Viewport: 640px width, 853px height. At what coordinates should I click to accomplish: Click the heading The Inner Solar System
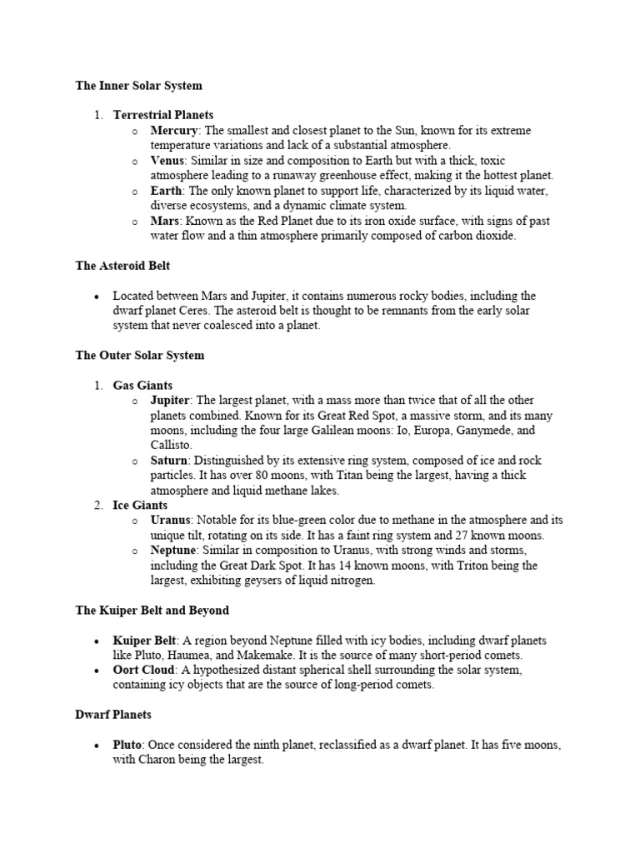pyautogui.click(x=138, y=86)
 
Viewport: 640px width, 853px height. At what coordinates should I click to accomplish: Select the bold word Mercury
pyautogui.click(x=173, y=131)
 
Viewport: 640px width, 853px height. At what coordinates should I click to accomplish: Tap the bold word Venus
pyautogui.click(x=167, y=161)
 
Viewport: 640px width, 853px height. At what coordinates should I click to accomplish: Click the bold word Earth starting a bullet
pyautogui.click(x=167, y=191)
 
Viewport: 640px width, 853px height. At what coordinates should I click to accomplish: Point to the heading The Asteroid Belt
pyautogui.click(x=124, y=266)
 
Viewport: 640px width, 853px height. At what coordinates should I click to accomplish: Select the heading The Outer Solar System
pyautogui.click(x=139, y=356)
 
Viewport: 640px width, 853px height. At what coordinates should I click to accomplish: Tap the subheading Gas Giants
pyautogui.click(x=142, y=386)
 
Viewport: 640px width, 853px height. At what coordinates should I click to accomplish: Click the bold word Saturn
pyautogui.click(x=169, y=461)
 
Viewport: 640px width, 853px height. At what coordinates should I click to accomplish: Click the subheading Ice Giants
pyautogui.click(x=140, y=506)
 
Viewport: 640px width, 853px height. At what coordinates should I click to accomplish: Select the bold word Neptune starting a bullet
pyautogui.click(x=173, y=551)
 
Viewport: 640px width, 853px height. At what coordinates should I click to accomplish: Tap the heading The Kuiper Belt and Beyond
pyautogui.click(x=152, y=611)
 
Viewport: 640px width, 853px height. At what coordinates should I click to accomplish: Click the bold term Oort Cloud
pyautogui.click(x=144, y=671)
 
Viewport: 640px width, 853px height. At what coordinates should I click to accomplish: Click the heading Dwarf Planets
pyautogui.click(x=113, y=716)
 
